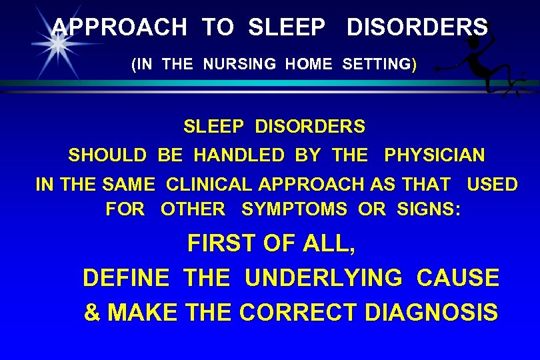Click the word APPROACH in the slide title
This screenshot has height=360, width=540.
(119, 27)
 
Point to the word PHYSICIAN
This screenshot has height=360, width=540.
(435, 156)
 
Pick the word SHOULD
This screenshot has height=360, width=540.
(107, 156)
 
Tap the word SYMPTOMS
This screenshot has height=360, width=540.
(294, 209)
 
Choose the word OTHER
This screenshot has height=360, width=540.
(193, 209)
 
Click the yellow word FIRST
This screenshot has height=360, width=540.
(223, 244)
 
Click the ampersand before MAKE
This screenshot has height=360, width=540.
(91, 313)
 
